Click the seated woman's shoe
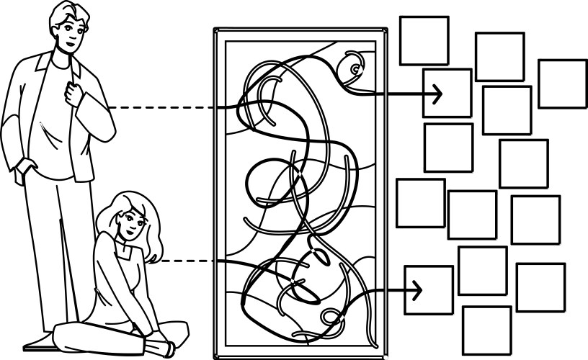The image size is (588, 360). [162, 348]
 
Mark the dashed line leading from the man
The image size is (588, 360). [162, 108]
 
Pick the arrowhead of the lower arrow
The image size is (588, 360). [416, 289]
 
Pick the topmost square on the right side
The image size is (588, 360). [424, 40]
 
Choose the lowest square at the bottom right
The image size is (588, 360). [486, 330]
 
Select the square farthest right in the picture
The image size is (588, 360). [563, 84]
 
